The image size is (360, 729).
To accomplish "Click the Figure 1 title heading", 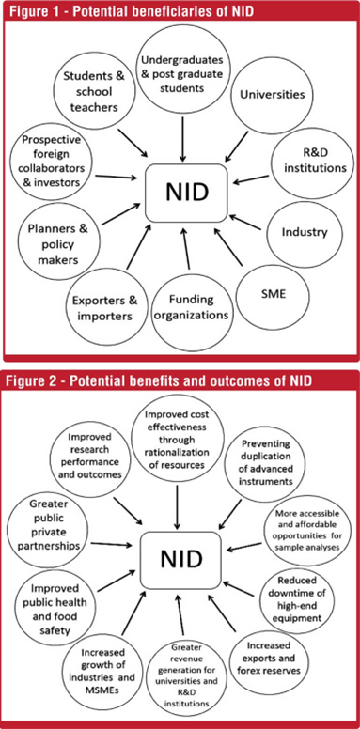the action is coord(132,11).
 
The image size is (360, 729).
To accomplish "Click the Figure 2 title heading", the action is coord(157,380).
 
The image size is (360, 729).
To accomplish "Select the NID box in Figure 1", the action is coord(186,193).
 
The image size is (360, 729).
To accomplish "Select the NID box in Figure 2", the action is coord(181,559).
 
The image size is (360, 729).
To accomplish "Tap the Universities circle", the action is coord(272,95).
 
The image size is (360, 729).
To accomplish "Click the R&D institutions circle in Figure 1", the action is coord(312,162).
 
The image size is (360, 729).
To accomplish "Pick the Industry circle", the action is coord(305,232).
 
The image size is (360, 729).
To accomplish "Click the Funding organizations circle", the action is coord(191,307).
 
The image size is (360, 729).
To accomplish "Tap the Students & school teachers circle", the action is coord(90,91).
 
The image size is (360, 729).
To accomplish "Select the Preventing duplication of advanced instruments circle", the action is coord(266,462).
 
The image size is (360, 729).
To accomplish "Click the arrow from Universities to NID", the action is coord(237,146).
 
